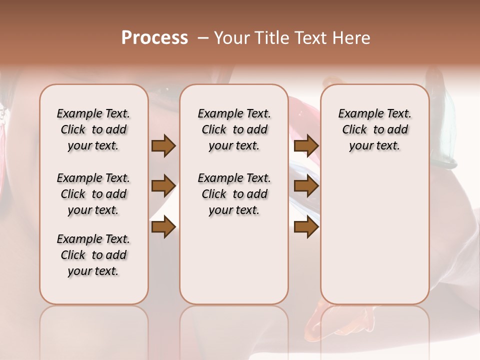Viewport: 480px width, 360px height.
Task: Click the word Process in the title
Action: pos(154,37)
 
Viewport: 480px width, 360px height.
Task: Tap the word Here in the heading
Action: pos(352,38)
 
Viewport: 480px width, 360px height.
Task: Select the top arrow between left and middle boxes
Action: pos(163,146)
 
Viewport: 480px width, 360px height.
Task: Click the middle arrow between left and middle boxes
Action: pos(163,186)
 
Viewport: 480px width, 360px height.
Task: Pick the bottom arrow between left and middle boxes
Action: pos(163,227)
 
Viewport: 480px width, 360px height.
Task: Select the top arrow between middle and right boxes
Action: pos(306,146)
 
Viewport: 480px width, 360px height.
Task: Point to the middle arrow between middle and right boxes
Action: pos(306,186)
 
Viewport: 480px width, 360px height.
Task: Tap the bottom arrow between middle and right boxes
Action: pos(306,227)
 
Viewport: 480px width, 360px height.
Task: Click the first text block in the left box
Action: pos(93,129)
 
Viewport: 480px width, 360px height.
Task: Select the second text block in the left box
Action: pos(93,194)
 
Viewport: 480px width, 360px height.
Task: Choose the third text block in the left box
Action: pos(93,255)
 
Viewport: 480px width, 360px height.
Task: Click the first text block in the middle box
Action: pos(234,129)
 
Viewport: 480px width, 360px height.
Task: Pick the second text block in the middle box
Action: pos(234,194)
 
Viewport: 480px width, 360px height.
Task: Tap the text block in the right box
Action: pos(375,129)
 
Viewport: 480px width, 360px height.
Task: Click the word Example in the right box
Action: pos(357,114)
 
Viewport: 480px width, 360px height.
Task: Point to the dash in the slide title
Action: pos(203,38)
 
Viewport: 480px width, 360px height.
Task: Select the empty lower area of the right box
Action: pos(375,235)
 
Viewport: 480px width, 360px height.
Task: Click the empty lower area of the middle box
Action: pos(234,260)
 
